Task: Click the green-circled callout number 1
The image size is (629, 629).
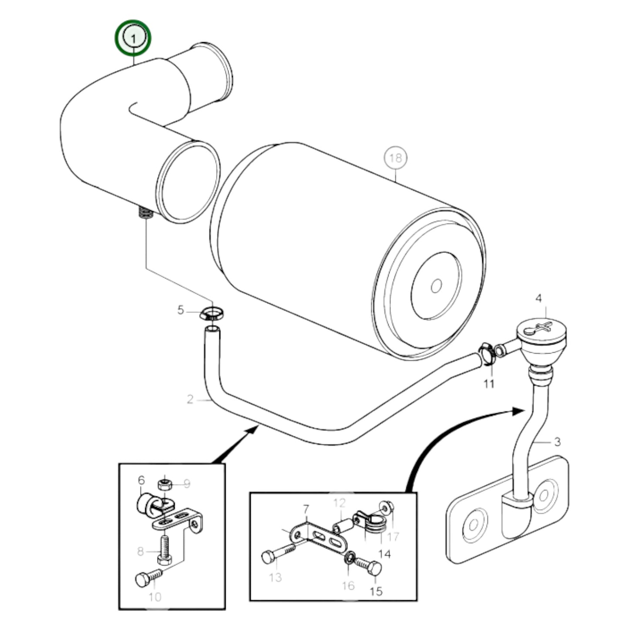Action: [133, 38]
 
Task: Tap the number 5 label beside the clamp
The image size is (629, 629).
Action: [181, 310]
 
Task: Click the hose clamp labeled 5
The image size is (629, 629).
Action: [212, 313]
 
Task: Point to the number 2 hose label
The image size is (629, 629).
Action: [190, 399]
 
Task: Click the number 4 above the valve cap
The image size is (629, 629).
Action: [538, 298]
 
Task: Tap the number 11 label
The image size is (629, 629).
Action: [489, 384]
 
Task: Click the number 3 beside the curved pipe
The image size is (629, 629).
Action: [558, 442]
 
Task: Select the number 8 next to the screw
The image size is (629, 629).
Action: [140, 552]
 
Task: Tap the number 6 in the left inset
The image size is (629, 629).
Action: [141, 480]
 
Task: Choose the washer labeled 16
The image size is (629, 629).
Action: [349, 558]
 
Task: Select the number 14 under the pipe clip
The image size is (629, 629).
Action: [385, 554]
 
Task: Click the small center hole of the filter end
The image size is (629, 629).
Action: [436, 286]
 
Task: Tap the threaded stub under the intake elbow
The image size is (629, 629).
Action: [145, 213]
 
